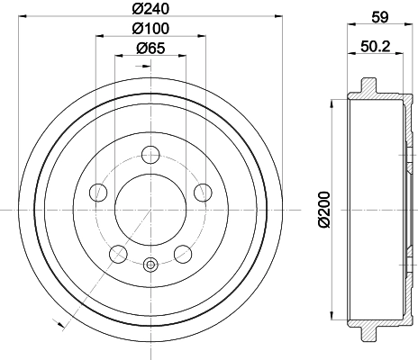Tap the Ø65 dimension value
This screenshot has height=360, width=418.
pos(150,51)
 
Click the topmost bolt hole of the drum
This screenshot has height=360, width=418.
pos(150,155)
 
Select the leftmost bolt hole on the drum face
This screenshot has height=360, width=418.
pos(98,192)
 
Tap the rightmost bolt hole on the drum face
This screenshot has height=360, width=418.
pos(203,192)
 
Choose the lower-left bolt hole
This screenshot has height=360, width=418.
pos(118,254)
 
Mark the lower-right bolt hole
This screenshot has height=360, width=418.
pos(183,254)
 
